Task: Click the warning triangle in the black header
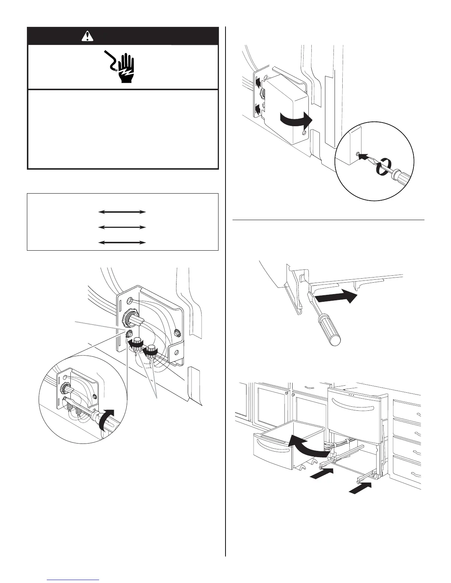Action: click(x=88, y=36)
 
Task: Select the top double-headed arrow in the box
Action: click(x=122, y=212)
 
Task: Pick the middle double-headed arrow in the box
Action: click(x=122, y=227)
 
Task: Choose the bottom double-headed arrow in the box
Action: click(x=122, y=243)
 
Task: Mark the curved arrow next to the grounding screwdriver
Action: click(x=109, y=418)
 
